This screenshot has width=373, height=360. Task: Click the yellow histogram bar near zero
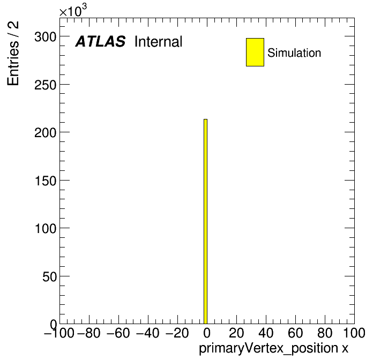(x=206, y=221)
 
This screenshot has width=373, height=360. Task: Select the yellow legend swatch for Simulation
(x=255, y=52)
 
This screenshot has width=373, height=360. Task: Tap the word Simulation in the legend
(x=294, y=53)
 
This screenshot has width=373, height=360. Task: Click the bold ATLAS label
(x=100, y=41)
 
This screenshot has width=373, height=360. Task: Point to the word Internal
(x=159, y=41)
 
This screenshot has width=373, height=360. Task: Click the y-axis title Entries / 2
(x=13, y=53)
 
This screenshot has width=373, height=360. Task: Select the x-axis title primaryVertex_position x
(x=273, y=349)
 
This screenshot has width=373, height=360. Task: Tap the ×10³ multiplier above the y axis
(x=73, y=10)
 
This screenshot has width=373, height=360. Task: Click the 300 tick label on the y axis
(x=46, y=37)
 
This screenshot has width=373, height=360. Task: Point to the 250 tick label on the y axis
(x=46, y=85)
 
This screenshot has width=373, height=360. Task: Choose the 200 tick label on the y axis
(x=46, y=133)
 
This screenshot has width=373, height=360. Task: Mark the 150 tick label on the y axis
(x=46, y=181)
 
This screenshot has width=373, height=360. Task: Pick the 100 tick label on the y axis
(x=46, y=229)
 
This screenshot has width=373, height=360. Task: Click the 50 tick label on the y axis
(x=49, y=276)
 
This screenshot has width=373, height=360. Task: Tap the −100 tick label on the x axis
(x=59, y=333)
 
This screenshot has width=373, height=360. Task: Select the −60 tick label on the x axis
(x=118, y=333)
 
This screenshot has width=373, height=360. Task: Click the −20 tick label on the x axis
(x=177, y=333)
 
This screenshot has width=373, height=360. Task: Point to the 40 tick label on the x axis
(x=266, y=333)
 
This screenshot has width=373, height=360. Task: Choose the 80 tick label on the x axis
(x=325, y=333)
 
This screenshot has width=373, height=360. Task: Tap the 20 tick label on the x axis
(x=236, y=333)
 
